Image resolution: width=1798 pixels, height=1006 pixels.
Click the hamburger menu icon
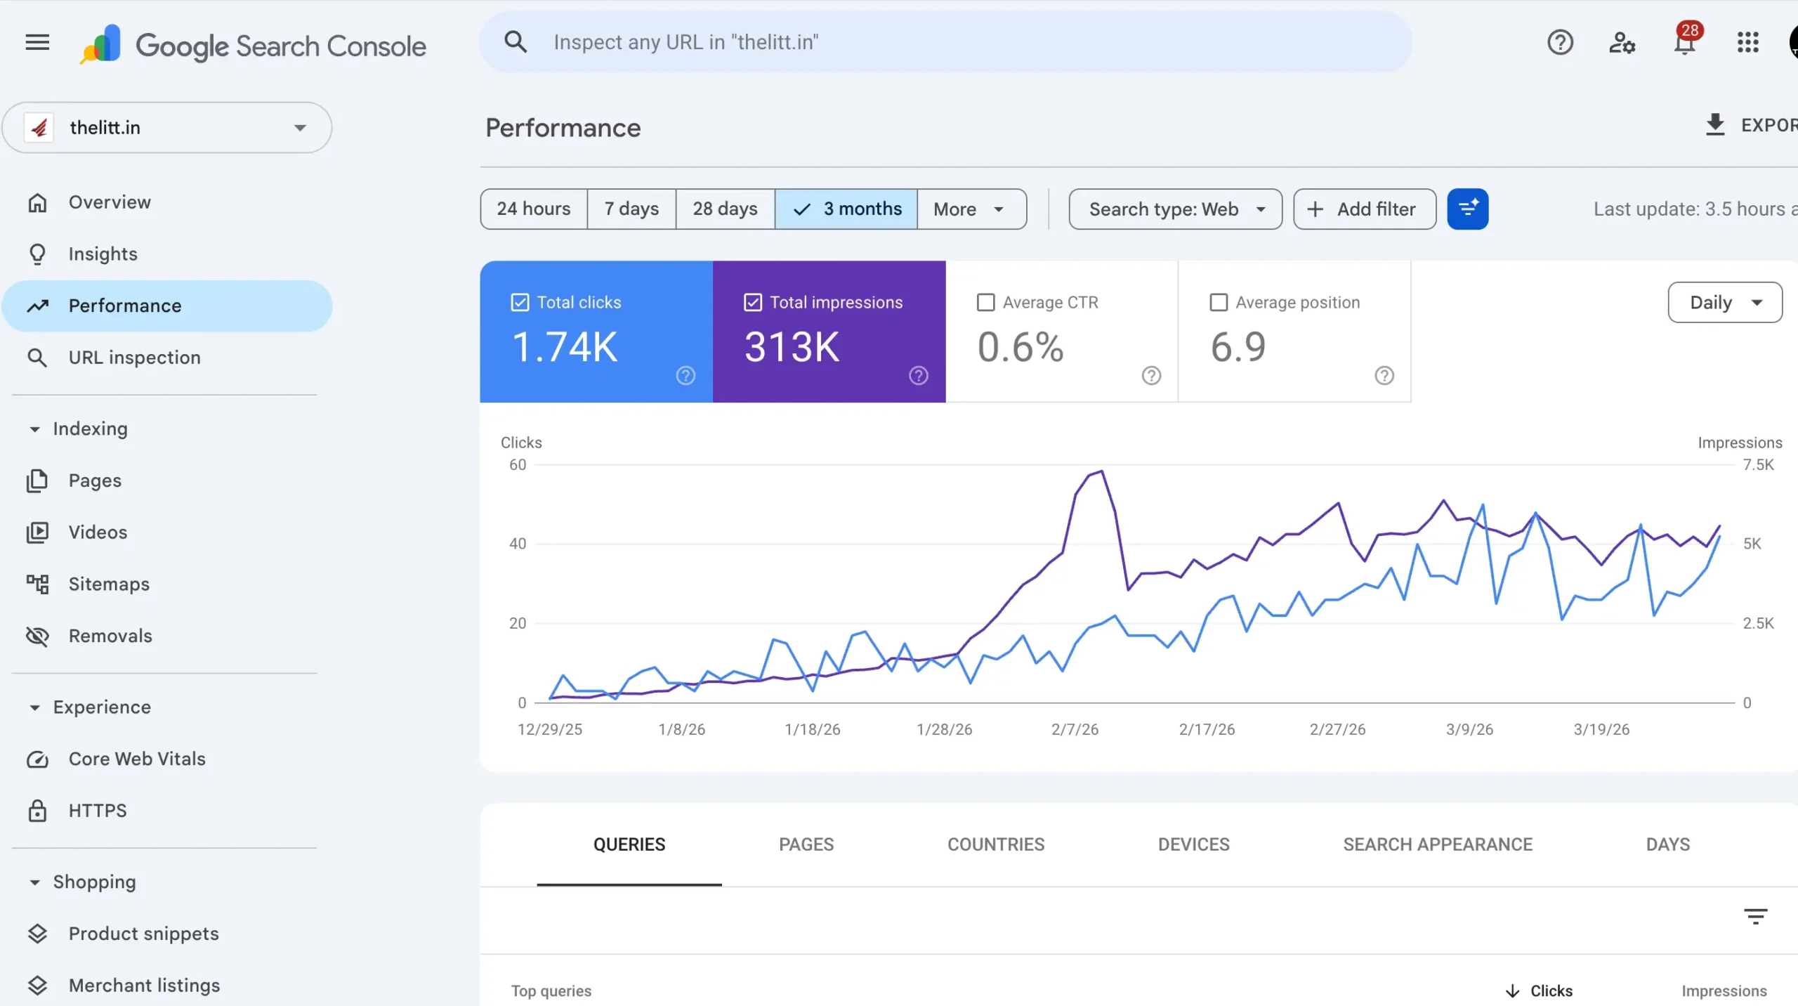pyautogui.click(x=37, y=43)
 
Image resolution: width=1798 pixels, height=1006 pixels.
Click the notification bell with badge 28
pyautogui.click(x=1684, y=43)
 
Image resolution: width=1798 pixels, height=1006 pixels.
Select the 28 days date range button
pyautogui.click(x=725, y=209)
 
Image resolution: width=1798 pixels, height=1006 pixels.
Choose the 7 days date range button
pyautogui.click(x=631, y=209)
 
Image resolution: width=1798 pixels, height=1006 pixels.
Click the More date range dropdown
pyautogui.click(x=970, y=209)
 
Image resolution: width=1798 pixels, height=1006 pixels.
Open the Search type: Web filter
pyautogui.click(x=1175, y=209)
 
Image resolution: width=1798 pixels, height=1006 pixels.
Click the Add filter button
pyautogui.click(x=1364, y=209)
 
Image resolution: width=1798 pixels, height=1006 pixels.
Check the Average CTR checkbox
pyautogui.click(x=986, y=303)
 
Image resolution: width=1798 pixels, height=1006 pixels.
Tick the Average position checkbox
pyautogui.click(x=1219, y=303)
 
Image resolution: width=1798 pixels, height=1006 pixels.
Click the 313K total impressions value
pyautogui.click(x=792, y=347)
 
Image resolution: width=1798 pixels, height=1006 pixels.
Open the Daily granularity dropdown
pyautogui.click(x=1724, y=303)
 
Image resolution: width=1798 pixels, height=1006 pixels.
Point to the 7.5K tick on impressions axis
pyautogui.click(x=1758, y=465)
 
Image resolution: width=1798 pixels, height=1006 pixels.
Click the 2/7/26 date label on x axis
pyautogui.click(x=1075, y=729)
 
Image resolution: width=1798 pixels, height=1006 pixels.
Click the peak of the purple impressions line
pyautogui.click(x=1101, y=471)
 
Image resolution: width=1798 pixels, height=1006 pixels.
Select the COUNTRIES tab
pyautogui.click(x=995, y=844)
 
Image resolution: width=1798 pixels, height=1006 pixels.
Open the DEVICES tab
pyautogui.click(x=1193, y=844)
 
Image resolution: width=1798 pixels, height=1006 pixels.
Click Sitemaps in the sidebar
pyautogui.click(x=109, y=584)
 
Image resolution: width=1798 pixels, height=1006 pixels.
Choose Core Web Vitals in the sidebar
pyautogui.click(x=137, y=759)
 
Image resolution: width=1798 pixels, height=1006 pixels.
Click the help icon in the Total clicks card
pyautogui.click(x=685, y=376)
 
